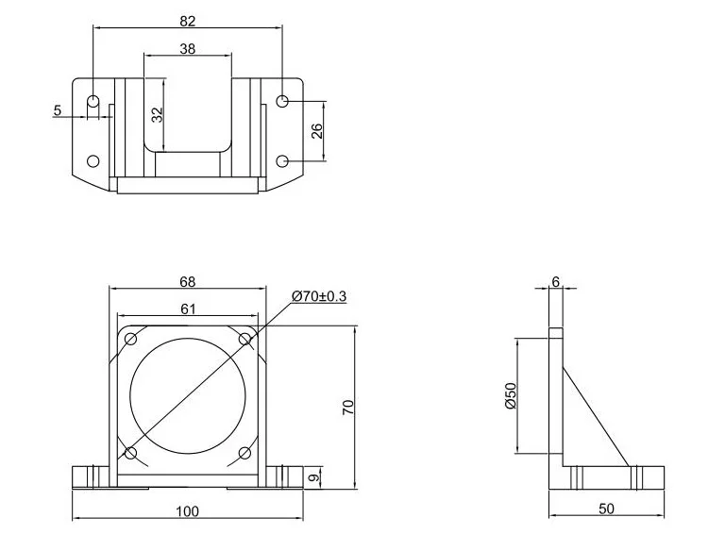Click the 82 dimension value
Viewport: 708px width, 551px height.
coord(188,21)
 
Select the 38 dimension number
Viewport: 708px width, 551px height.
coord(188,48)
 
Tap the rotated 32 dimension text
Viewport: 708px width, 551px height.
coord(157,114)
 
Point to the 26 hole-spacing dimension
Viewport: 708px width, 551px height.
coord(317,131)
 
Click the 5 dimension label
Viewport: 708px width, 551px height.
coord(57,109)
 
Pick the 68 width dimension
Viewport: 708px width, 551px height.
coord(188,281)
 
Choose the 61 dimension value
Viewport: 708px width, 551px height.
coord(188,309)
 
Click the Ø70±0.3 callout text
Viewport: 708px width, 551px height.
coord(319,296)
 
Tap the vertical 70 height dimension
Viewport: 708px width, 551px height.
coord(348,407)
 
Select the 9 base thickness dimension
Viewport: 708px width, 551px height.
coord(315,476)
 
